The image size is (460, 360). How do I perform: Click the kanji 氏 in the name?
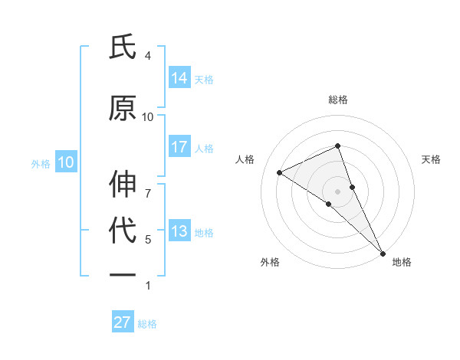pos(123,47)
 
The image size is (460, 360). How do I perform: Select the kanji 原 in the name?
pos(123,109)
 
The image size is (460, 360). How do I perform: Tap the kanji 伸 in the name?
pos(123,185)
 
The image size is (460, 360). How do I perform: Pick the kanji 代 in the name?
pos(123,231)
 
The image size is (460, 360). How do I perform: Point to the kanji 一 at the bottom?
pos(123,273)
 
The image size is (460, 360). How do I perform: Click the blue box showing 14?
pos(179,77)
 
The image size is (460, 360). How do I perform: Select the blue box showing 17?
pos(179,146)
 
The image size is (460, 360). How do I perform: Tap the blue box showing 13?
pos(179,231)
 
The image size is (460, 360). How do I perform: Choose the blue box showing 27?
pos(123,322)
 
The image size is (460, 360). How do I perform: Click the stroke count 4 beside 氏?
pos(147,56)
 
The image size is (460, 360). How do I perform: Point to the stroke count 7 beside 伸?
pos(147,185)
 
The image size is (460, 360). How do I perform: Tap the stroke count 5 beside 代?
pos(147,240)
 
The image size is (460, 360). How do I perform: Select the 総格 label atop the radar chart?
pos(337,100)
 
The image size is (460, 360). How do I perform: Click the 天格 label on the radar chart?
pos(431,159)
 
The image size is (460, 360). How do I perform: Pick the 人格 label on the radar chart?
pos(245,159)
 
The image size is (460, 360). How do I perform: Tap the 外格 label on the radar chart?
pos(269,262)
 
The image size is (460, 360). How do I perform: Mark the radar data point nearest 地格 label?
pos(383,253)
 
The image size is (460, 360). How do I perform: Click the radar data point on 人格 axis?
pos(280,172)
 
